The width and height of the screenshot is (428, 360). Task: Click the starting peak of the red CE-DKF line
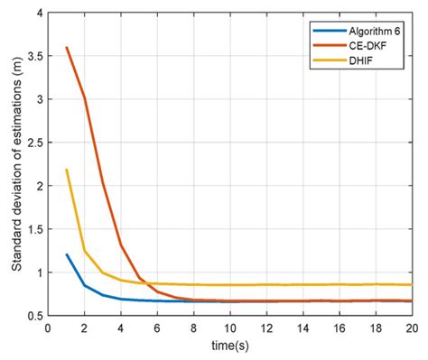[x=67, y=48]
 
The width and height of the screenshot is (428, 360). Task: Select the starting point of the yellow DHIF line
[x=67, y=170]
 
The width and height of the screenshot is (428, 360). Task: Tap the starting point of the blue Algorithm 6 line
[x=67, y=254]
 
